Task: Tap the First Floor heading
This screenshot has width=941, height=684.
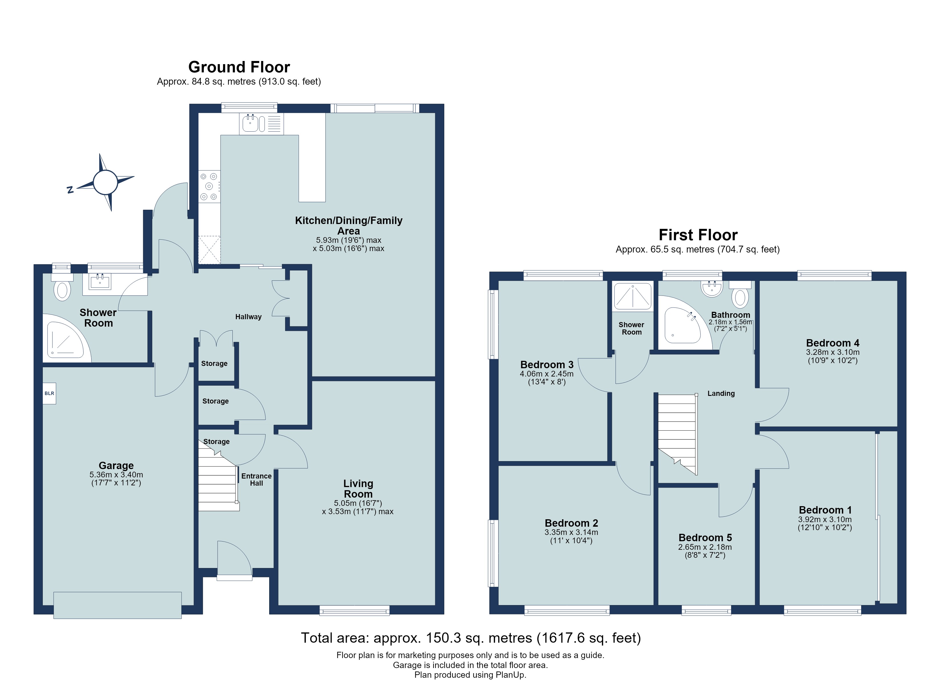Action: (698, 235)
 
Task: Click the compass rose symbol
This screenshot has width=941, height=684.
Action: (106, 182)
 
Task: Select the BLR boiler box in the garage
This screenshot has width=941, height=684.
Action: (49, 393)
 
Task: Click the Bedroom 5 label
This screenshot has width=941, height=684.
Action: (705, 538)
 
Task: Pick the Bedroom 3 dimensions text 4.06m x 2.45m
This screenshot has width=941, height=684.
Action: (547, 374)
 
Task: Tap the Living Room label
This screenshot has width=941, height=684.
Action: (358, 488)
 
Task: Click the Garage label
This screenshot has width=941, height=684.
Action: (116, 465)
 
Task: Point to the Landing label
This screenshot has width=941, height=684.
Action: (721, 393)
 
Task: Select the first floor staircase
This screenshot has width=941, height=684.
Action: (677, 434)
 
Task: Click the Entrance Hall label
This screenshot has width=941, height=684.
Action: (256, 479)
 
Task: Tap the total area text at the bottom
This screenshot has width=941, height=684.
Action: (471, 638)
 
